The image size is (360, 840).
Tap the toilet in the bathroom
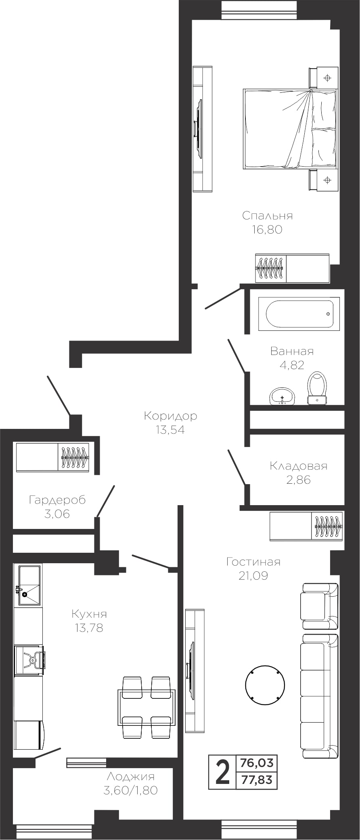pos(317,388)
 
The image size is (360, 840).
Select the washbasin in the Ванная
pos(282,396)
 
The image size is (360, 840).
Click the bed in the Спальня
pos(290,129)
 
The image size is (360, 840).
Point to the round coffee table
pos(265,685)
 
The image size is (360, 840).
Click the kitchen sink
pos(28,585)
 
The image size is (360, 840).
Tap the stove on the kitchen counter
pos(30,660)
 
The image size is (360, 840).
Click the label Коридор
pos(170,416)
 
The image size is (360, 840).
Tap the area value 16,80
pos(267,230)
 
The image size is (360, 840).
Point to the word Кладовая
pos(298,466)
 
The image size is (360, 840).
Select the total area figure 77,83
pos(257,780)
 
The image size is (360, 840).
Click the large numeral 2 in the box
pos(222,772)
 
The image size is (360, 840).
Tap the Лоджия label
pos(130,777)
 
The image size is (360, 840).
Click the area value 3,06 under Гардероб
pos(57,514)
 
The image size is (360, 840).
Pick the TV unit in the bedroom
pos(202,129)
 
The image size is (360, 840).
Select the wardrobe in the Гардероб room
pos(52,457)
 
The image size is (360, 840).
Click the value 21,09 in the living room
pos(253,576)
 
